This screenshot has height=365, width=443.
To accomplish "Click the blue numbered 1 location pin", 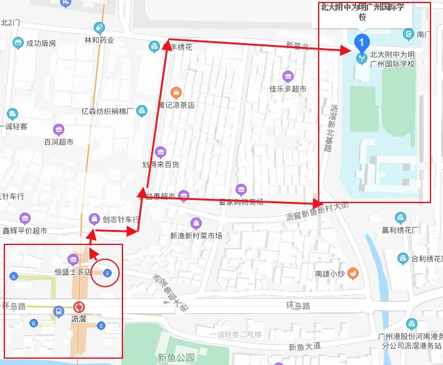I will point(361,42).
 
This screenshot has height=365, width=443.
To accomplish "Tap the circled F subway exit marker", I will point(108,272).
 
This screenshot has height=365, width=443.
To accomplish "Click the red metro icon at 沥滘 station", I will point(79,307).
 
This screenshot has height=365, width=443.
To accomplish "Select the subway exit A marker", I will point(14,276).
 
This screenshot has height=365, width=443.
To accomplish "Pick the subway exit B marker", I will point(34,323).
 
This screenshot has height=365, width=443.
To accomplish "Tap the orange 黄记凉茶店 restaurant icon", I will point(176,92).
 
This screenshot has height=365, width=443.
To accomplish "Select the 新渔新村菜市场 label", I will point(196,236).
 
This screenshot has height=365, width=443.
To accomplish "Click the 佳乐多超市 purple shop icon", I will point(288,77).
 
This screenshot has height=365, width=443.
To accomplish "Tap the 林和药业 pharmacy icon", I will point(99,27).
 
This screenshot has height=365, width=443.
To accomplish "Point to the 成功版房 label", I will point(41,43).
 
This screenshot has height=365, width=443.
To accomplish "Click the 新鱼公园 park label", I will point(177,357).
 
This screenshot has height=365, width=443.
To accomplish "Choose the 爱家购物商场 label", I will point(241,201).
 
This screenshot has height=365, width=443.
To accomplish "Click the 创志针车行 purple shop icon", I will point(94,219).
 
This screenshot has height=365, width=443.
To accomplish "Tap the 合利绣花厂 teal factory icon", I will point(402,258).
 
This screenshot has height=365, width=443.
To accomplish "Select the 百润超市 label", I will point(59,142).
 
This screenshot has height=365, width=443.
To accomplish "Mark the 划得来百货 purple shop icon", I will point(161,152).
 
